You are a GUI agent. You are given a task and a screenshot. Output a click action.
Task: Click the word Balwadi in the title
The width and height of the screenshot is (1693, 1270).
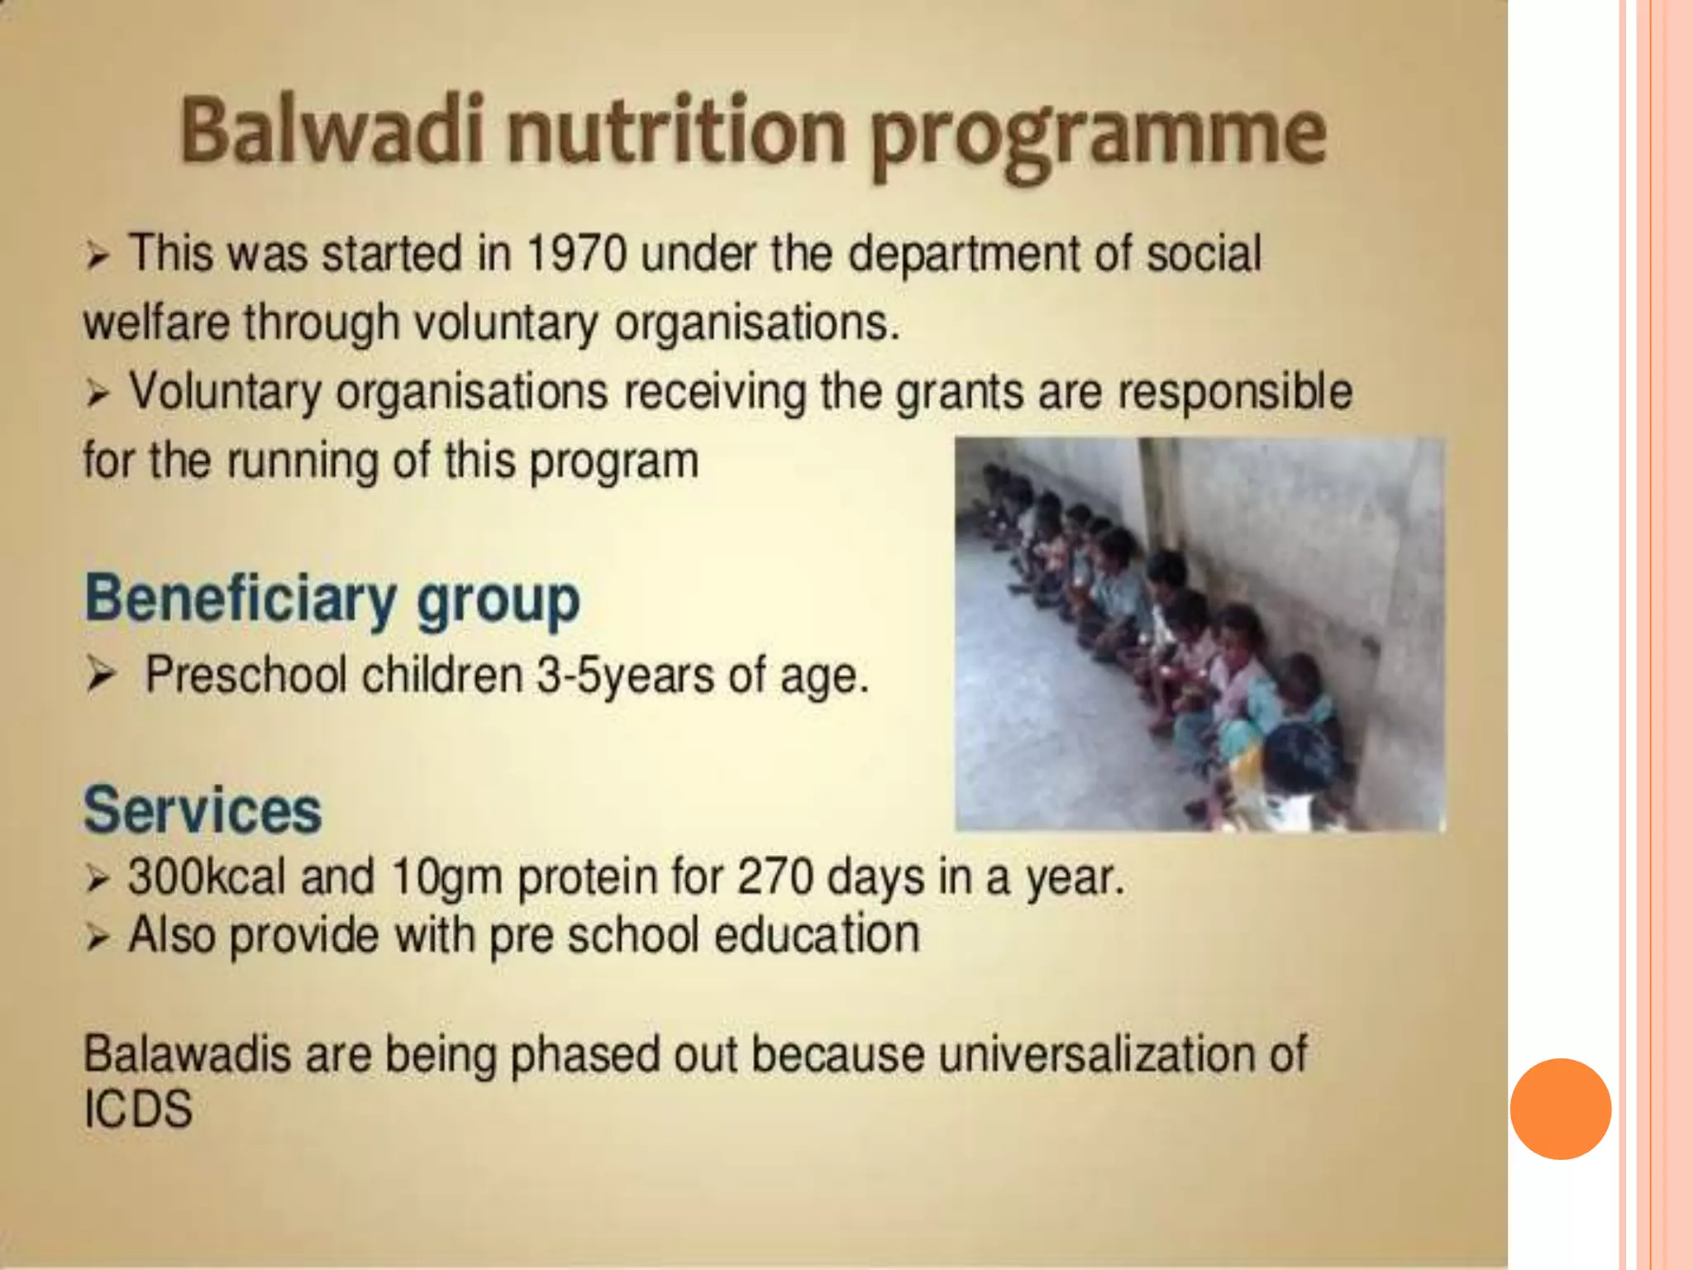[330, 131]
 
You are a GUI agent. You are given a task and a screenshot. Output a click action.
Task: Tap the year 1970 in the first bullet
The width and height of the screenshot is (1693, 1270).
[576, 254]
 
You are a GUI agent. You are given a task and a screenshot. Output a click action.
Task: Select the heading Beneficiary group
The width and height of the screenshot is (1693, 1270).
[332, 599]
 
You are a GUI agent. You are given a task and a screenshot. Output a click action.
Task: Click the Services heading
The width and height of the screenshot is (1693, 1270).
[203, 810]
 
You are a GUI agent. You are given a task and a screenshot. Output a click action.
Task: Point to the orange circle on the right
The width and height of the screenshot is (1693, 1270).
[1560, 1108]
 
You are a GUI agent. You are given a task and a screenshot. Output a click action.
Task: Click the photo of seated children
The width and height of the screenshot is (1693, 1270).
[1199, 633]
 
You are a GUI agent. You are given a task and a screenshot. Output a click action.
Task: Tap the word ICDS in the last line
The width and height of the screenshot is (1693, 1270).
[138, 1110]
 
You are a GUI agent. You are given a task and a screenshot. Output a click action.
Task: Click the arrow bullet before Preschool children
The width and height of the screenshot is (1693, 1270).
[100, 676]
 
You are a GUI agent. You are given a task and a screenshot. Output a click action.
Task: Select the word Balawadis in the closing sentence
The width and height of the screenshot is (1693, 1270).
[187, 1055]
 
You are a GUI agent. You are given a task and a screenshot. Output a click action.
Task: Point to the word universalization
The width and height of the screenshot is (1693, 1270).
[1090, 1055]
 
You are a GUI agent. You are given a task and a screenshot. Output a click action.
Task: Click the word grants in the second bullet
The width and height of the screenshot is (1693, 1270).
[959, 393]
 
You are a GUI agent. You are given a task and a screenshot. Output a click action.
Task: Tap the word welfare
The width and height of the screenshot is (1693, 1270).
[156, 322]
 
